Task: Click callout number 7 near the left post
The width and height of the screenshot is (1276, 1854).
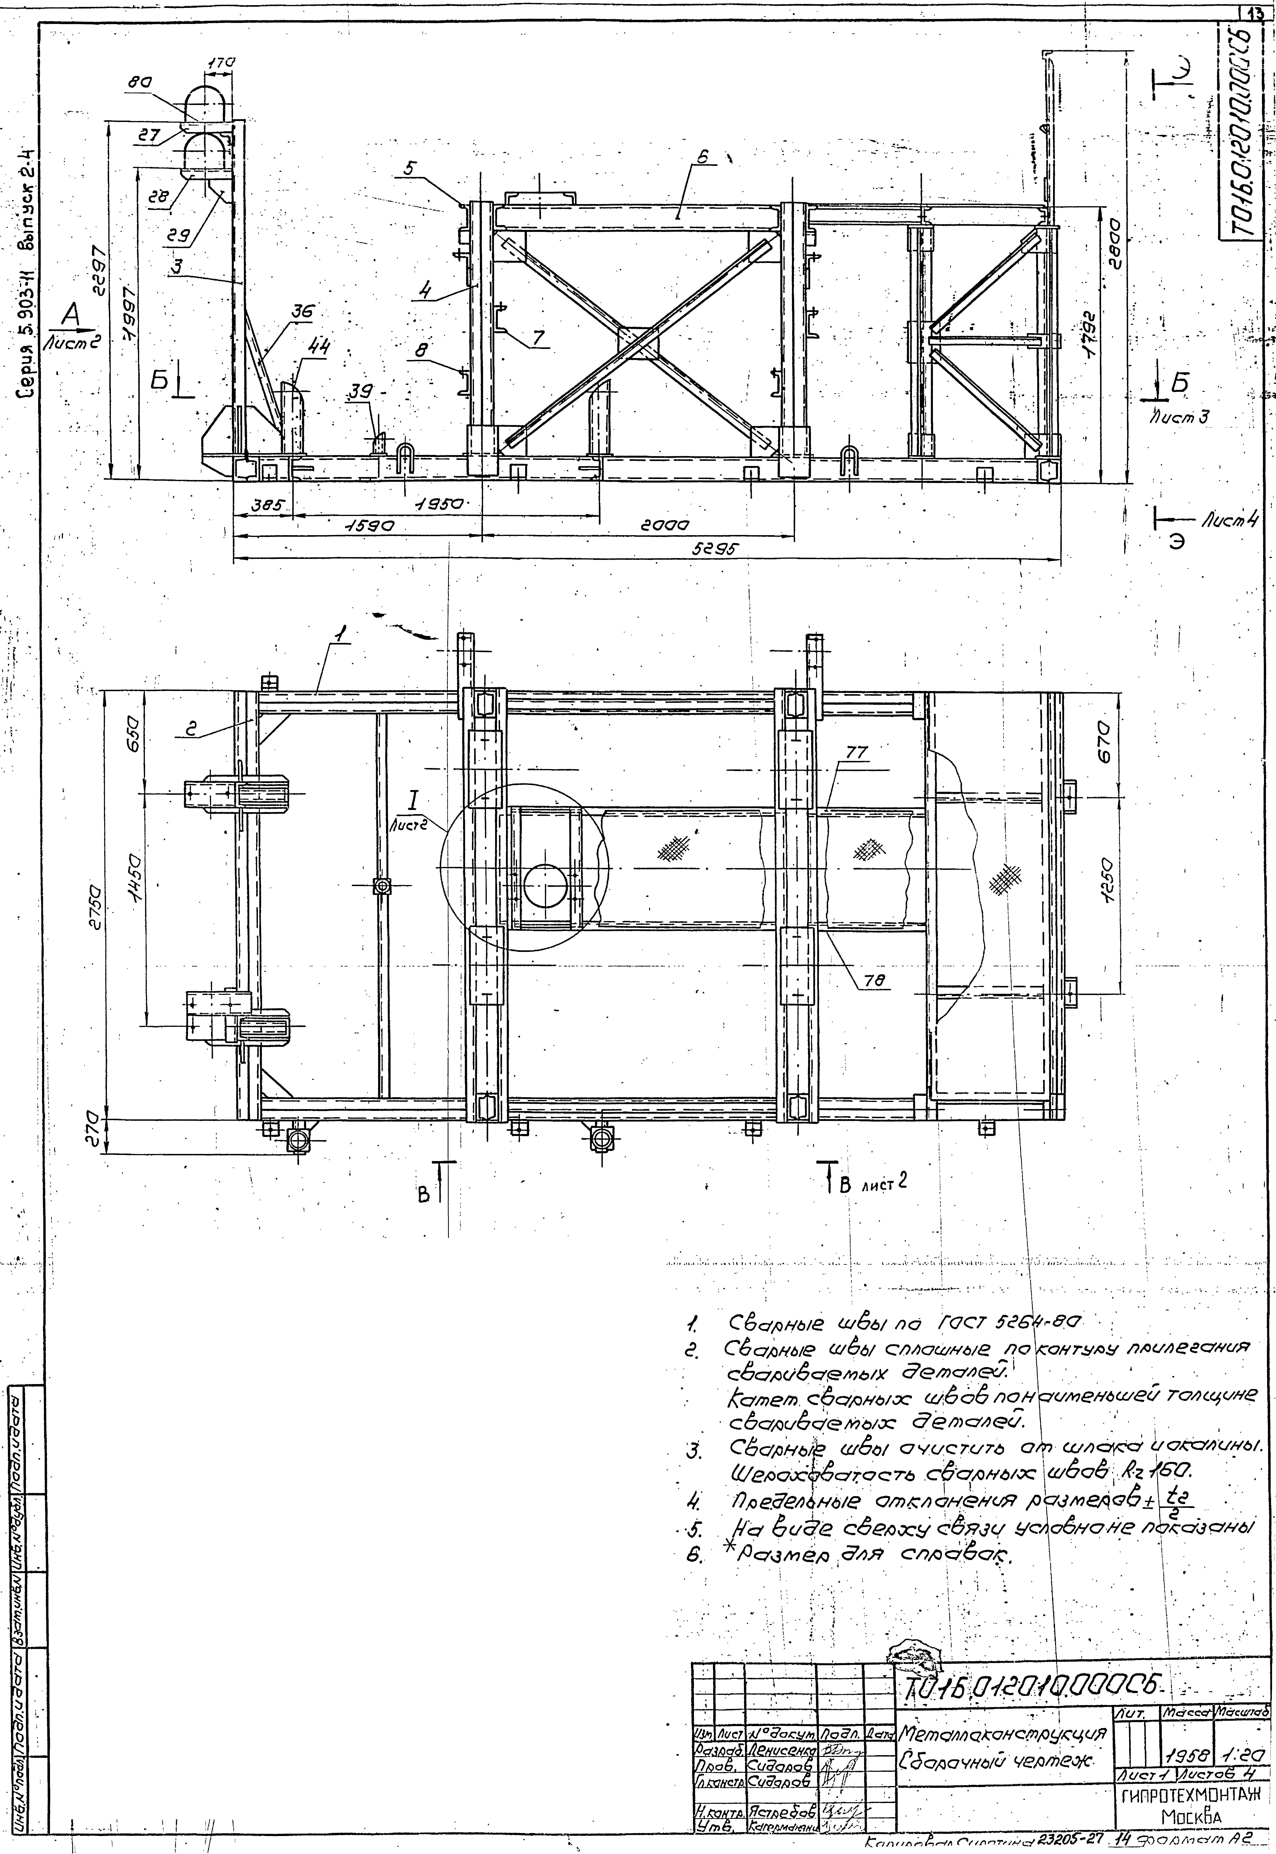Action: [x=539, y=338]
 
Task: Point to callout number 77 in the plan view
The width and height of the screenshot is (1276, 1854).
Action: [x=856, y=752]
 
